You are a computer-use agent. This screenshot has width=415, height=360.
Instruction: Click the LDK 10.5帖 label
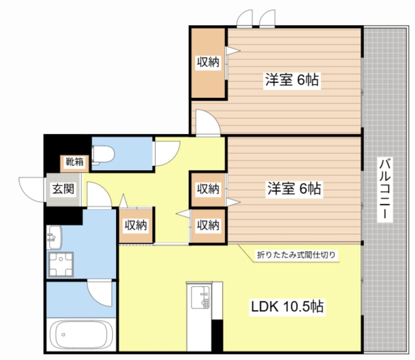pos(287,307)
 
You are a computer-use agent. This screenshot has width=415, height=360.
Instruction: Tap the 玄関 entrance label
pos(63,189)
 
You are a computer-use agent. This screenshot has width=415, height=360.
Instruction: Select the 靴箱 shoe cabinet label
pos(75,161)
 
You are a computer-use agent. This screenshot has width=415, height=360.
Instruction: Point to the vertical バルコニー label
pos(385,189)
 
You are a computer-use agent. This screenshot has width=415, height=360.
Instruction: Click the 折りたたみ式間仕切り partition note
pos(296,255)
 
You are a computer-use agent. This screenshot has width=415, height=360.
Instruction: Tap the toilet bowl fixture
pos(103,155)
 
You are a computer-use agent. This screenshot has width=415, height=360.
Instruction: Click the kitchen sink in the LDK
pos(200,297)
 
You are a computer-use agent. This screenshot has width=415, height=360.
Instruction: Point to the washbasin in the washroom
pos(54,237)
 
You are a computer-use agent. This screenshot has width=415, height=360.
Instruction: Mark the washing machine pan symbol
pos(61,264)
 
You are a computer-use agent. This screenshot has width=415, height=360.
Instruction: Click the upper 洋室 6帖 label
pos(292,79)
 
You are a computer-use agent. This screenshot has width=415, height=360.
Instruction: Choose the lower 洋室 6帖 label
pos(294,189)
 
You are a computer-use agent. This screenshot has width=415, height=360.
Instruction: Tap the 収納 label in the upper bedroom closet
pos(208,62)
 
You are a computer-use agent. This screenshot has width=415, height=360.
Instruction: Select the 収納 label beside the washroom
pos(136,225)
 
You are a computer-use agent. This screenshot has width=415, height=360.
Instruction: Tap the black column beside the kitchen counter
pos(217,335)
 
